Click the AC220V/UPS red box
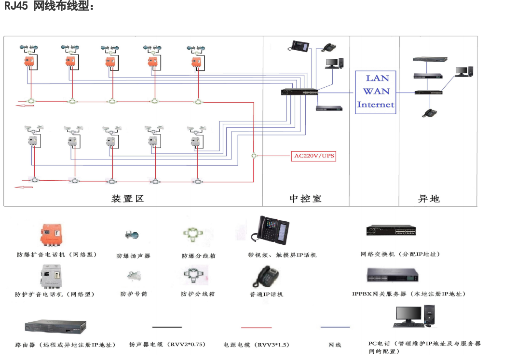(314, 156)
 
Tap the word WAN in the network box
(376, 91)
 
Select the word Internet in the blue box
(376, 104)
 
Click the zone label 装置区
(128, 199)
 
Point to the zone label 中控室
(305, 199)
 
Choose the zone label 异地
(429, 199)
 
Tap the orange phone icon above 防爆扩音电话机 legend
(52, 235)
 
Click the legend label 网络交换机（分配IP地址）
(400, 254)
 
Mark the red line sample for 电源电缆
(256, 328)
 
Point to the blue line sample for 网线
(335, 327)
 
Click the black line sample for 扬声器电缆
(167, 327)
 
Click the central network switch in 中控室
(299, 92)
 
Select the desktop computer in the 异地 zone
(464, 72)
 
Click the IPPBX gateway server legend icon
(392, 275)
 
